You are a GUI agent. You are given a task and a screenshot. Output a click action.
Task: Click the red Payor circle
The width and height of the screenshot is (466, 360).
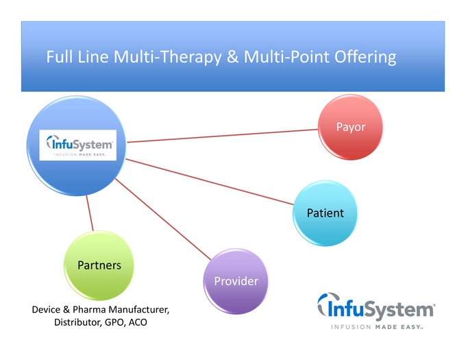click(350, 128)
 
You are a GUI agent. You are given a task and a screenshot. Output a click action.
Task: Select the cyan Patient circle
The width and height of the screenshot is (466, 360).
click(326, 213)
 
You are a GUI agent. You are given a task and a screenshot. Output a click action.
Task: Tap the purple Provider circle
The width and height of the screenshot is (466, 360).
click(236, 281)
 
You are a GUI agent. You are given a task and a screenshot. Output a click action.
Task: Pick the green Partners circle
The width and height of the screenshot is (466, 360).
click(99, 265)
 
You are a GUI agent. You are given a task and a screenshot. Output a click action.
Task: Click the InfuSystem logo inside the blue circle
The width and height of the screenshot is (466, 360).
click(77, 145)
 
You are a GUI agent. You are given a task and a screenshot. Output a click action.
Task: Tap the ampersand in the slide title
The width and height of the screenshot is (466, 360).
click(232, 57)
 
